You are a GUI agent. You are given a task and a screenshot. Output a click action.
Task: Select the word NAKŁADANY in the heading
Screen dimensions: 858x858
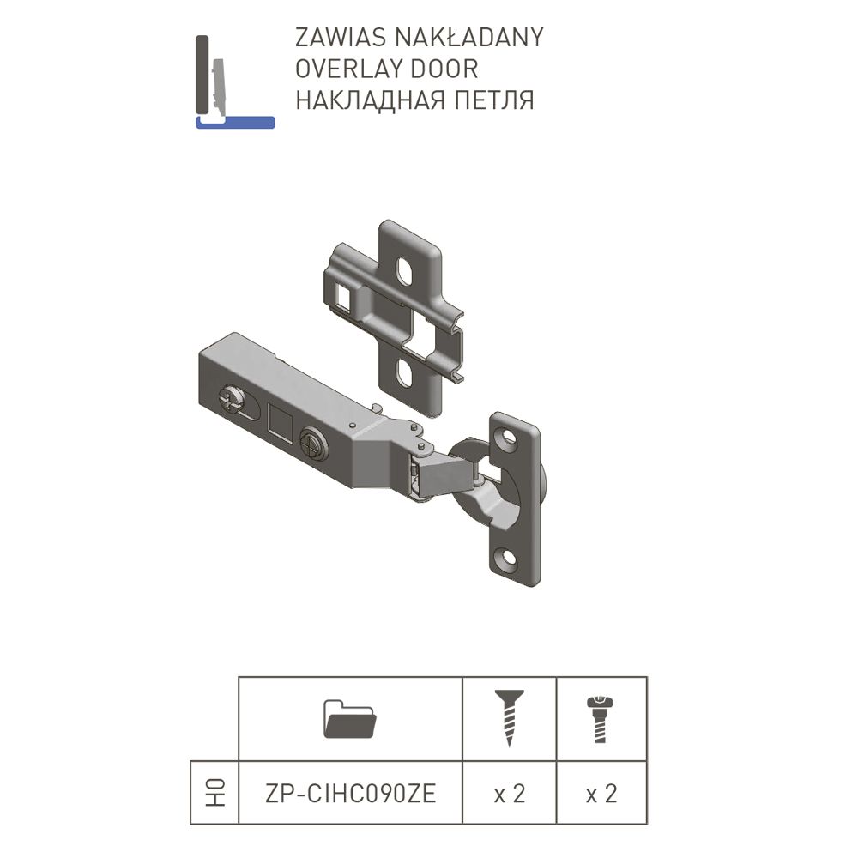[469, 37]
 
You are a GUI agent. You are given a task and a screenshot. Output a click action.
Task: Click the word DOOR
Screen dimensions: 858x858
[444, 69]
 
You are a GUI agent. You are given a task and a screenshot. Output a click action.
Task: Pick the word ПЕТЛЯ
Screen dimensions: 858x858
[495, 100]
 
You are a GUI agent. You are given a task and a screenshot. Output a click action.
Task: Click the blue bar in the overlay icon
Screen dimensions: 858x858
[235, 122]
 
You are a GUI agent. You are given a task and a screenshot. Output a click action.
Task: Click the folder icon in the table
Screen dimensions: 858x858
[350, 718]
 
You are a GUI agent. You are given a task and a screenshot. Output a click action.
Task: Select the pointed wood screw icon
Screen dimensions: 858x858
[510, 718]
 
